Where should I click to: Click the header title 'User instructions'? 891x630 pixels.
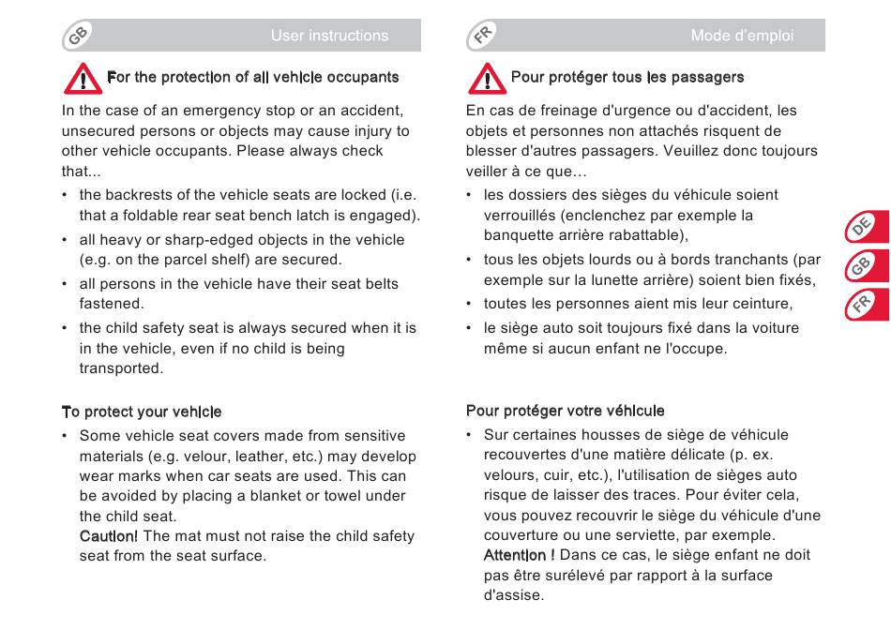click(329, 36)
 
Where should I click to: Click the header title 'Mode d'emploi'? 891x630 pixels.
click(742, 36)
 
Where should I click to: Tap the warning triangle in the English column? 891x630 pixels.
click(83, 79)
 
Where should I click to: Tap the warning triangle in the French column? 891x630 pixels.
click(486, 79)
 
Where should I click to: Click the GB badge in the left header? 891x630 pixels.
click(78, 36)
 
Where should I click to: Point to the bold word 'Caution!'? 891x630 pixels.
click(109, 536)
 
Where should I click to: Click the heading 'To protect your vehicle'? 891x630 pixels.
click(142, 412)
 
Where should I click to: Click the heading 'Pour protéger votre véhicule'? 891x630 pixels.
click(566, 411)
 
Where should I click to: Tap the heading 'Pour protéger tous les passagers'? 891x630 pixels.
click(627, 77)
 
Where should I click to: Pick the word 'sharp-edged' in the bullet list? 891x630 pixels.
click(214, 240)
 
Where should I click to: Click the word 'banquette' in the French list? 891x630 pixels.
click(518, 235)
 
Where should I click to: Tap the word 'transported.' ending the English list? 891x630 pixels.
click(121, 368)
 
